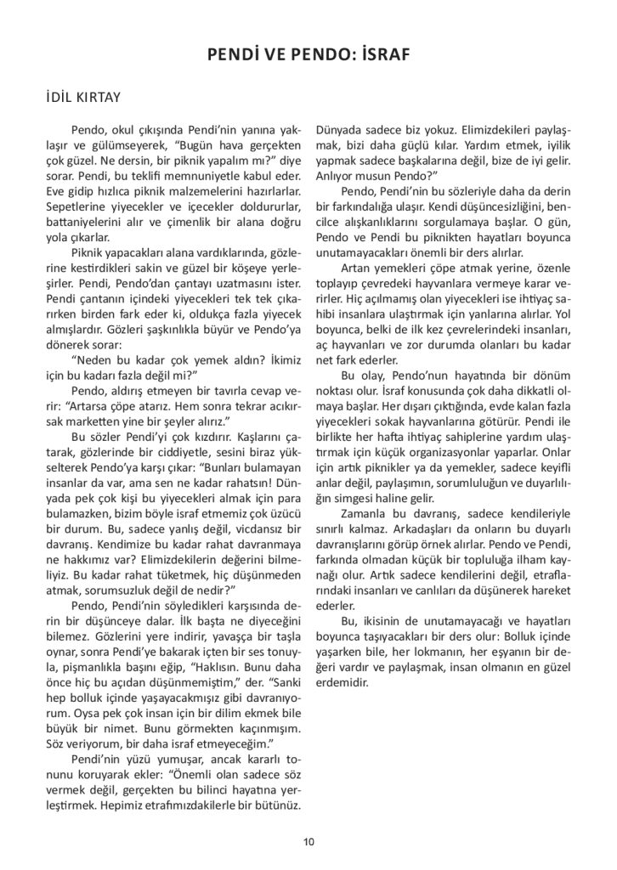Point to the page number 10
308,841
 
